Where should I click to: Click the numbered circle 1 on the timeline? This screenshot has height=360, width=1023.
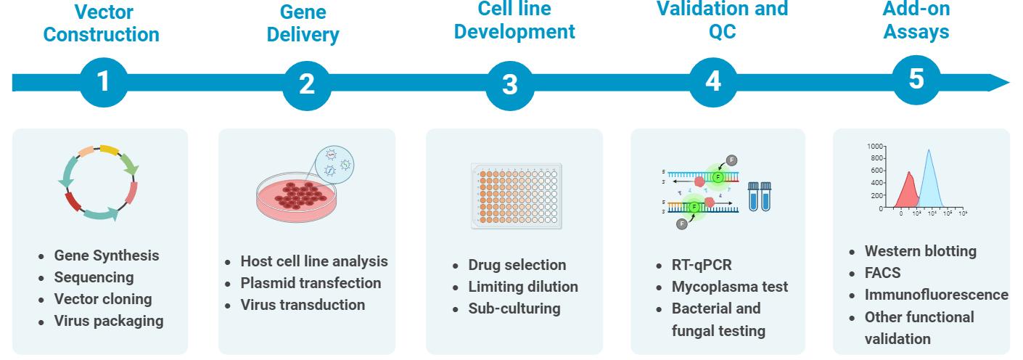[104, 82]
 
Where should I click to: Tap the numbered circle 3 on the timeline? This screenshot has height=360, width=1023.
[509, 86]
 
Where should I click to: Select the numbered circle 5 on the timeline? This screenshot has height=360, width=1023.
[916, 80]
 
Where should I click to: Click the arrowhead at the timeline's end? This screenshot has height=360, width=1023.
[999, 83]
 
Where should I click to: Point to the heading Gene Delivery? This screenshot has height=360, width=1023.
[303, 23]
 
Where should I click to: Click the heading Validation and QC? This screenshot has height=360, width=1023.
[722, 20]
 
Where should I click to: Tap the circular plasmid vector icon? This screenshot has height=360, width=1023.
[98, 183]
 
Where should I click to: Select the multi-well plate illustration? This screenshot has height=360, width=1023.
[517, 196]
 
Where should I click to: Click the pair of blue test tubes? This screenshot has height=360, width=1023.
[760, 197]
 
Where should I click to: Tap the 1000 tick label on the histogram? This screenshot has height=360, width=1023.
[874, 146]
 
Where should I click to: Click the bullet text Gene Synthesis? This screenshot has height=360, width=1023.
[107, 255]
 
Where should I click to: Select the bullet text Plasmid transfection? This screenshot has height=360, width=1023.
[311, 283]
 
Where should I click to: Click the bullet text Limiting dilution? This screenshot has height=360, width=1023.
[523, 287]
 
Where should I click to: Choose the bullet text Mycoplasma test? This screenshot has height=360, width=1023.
[729, 287]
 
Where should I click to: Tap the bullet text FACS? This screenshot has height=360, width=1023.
[882, 273]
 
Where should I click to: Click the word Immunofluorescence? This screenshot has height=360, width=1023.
[936, 295]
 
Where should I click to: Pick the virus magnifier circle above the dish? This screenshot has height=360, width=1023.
[334, 165]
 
